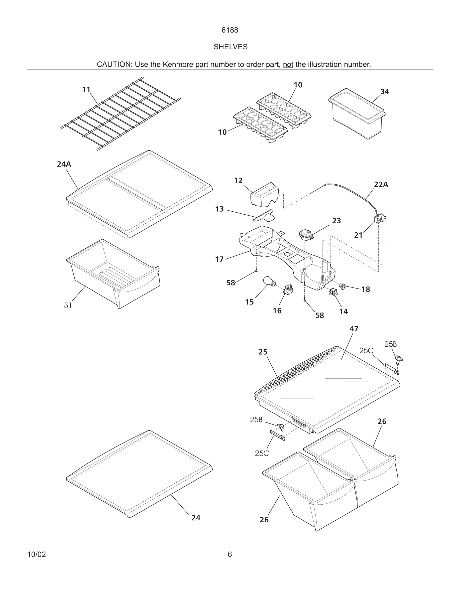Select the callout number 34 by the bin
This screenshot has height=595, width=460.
click(384, 92)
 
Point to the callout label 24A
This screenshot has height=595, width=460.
click(64, 164)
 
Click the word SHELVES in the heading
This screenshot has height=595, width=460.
click(230, 47)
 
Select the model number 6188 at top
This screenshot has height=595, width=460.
click(230, 30)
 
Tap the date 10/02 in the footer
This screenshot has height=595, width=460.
click(37, 554)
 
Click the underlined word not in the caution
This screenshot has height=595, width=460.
click(288, 65)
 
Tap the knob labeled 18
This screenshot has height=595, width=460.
click(342, 286)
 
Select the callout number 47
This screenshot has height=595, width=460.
click(354, 329)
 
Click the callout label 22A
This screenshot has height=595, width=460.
click(381, 185)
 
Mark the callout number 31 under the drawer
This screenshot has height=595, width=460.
click(68, 306)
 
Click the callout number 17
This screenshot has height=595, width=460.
click(219, 259)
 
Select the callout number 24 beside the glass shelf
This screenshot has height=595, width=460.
click(196, 518)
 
